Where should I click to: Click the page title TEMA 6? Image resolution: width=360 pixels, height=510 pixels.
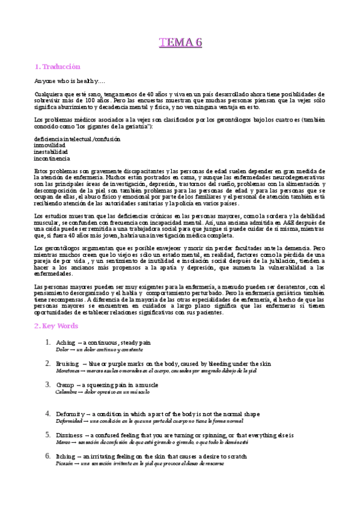click(x=180, y=42)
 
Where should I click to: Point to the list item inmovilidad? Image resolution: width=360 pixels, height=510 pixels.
click(x=50, y=146)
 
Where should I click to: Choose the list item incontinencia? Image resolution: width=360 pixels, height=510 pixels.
click(x=52, y=159)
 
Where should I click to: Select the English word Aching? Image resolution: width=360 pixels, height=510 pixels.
click(x=66, y=342)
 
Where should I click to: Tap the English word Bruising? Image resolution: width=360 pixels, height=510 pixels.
click(x=69, y=364)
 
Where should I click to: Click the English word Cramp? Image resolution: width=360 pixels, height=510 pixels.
click(x=66, y=385)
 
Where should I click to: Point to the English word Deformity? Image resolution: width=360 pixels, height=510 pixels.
click(x=70, y=414)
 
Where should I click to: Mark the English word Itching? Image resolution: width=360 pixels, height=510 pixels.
click(x=66, y=456)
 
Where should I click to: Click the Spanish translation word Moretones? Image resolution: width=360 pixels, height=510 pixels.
click(x=67, y=371)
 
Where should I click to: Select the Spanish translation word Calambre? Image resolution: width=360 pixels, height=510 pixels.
click(x=67, y=392)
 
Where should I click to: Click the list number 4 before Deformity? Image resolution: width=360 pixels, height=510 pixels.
click(x=47, y=414)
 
